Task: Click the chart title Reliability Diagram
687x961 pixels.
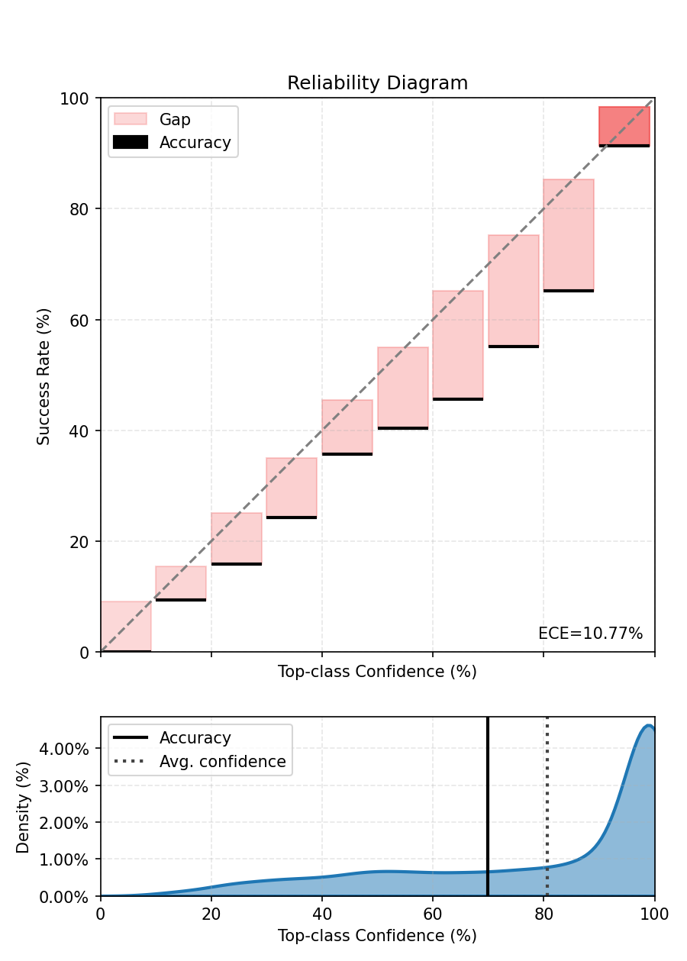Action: tap(377, 83)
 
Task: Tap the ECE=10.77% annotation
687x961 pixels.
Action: tap(590, 634)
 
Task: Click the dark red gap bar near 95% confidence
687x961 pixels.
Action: tap(624, 125)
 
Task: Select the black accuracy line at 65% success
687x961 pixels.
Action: tap(568, 291)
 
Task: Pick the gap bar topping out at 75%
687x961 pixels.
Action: tap(513, 290)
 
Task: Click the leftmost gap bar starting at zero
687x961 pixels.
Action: tap(126, 626)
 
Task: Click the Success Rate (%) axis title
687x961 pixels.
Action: tap(44, 376)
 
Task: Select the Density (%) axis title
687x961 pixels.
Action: tap(23, 806)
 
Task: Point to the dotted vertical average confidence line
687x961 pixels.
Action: tap(547, 824)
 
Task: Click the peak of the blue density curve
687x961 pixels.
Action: tap(648, 726)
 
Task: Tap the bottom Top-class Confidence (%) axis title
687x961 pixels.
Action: tap(377, 935)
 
